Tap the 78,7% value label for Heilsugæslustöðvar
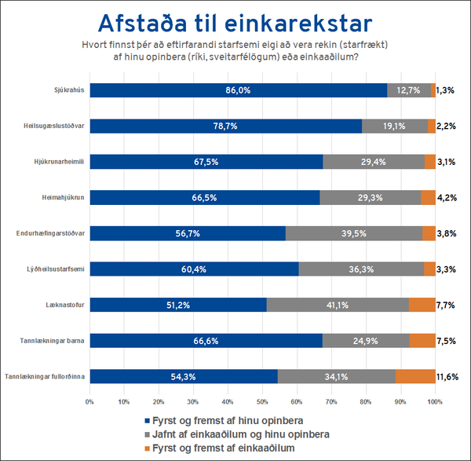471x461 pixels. (224, 126)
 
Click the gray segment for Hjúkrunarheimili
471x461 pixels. (374, 162)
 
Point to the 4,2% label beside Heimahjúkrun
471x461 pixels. (447, 198)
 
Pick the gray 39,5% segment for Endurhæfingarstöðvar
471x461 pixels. (354, 233)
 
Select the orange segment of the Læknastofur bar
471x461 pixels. (422, 305)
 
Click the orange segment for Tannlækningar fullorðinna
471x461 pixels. (415, 376)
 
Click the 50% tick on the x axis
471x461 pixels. (263, 401)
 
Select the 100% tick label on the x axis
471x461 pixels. (434, 401)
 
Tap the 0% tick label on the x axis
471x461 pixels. (89, 401)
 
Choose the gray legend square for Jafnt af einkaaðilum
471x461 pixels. (148, 434)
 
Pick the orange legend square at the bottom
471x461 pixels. (148, 448)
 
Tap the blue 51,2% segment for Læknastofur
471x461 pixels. (178, 305)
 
